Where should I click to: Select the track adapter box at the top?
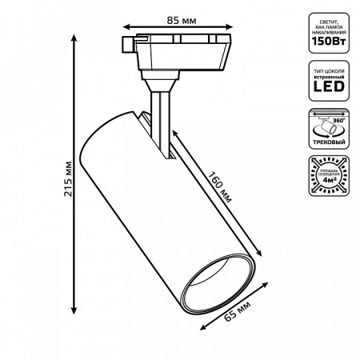[x=173, y=53]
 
